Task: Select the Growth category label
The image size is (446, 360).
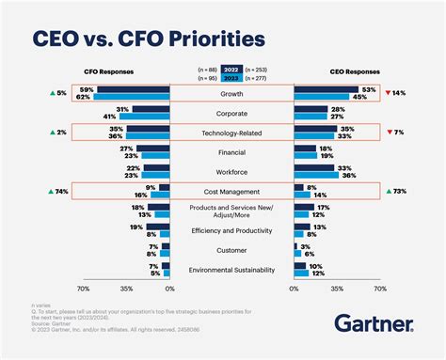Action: coord(231,93)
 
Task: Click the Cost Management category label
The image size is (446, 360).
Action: coord(231,192)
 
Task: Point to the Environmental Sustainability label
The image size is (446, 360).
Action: coord(231,270)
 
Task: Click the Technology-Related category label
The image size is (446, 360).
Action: coord(231,133)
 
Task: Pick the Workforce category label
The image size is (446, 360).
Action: coord(231,172)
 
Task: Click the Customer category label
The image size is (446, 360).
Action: coord(231,250)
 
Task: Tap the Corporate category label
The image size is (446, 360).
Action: coord(231,113)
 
